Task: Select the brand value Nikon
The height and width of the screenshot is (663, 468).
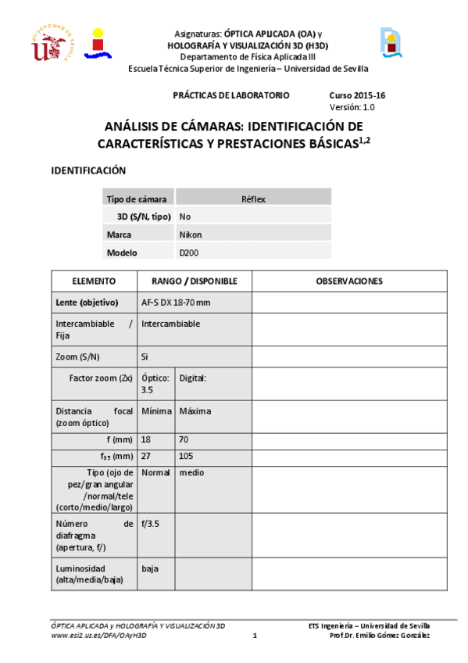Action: point(191,234)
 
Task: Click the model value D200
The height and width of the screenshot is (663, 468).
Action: point(188,253)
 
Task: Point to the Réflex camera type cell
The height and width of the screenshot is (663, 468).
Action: point(253,199)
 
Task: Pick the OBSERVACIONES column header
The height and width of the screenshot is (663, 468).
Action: point(348,281)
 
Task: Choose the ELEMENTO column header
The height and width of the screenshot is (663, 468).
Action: point(94,281)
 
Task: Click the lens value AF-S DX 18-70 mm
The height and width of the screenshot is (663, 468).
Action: point(176,302)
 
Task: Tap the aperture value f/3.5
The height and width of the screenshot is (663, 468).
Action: point(151,525)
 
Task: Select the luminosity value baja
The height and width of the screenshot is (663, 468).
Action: point(149,568)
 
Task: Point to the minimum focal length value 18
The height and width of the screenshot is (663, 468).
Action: point(146,440)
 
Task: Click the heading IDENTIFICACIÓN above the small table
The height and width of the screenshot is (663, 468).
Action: point(88,170)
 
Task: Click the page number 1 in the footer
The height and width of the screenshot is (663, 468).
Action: point(255,636)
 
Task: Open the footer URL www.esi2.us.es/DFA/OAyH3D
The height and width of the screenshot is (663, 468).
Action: point(98,636)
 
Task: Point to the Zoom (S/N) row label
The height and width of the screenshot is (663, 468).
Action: point(77,357)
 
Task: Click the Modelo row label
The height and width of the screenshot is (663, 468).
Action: point(121,253)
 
